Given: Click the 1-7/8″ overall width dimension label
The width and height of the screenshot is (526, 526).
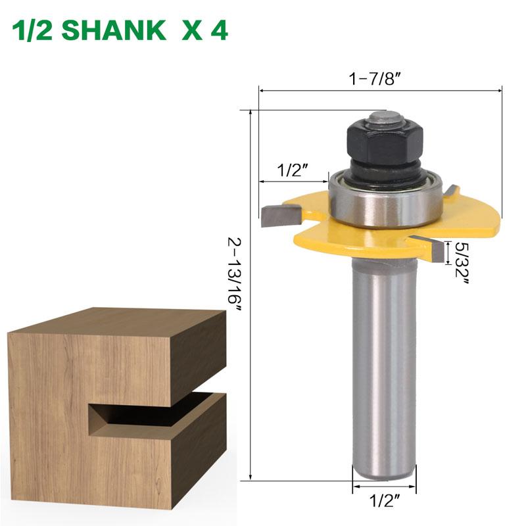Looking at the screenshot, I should [x=375, y=78].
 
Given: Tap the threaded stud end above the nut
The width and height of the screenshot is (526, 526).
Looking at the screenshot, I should [x=381, y=118].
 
